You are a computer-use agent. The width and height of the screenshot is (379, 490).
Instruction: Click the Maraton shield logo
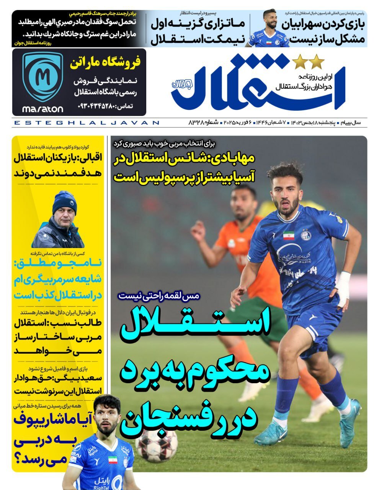[x=42, y=77]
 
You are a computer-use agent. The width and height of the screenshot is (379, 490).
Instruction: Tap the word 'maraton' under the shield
[x=42, y=109]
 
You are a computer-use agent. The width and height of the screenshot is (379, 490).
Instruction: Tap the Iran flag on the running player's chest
[x=289, y=235]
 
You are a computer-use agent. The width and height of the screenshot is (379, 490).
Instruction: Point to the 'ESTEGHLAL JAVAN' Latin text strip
[x=86, y=123]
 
